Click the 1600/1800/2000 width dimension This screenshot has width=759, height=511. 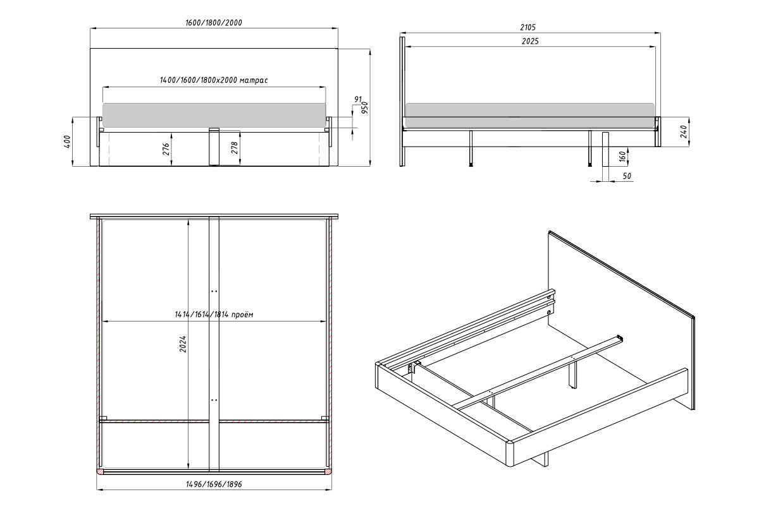coord(214,23)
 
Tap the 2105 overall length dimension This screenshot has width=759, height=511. coord(528,27)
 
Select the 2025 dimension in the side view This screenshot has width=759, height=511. coord(530,41)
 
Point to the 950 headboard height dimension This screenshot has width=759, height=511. coord(364,107)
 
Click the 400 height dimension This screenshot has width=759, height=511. coord(67,141)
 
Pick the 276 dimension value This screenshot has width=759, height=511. coord(166,149)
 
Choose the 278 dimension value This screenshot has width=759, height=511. coord(235,148)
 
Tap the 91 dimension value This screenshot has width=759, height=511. coord(358,99)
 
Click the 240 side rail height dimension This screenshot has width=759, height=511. coord(684,131)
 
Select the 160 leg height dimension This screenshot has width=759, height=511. coord(622,157)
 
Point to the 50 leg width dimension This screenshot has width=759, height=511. coord(627,176)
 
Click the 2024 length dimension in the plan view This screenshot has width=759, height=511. coord(183,344)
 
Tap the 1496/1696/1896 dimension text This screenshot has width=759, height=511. coord(214,484)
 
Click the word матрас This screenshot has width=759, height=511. coord(254,80)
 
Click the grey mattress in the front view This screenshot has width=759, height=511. coord(214,116)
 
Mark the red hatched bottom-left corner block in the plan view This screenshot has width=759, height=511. coord(101,471)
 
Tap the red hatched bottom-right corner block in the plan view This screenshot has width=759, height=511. coord(328,471)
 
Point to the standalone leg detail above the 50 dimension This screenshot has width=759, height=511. coord(605,149)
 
